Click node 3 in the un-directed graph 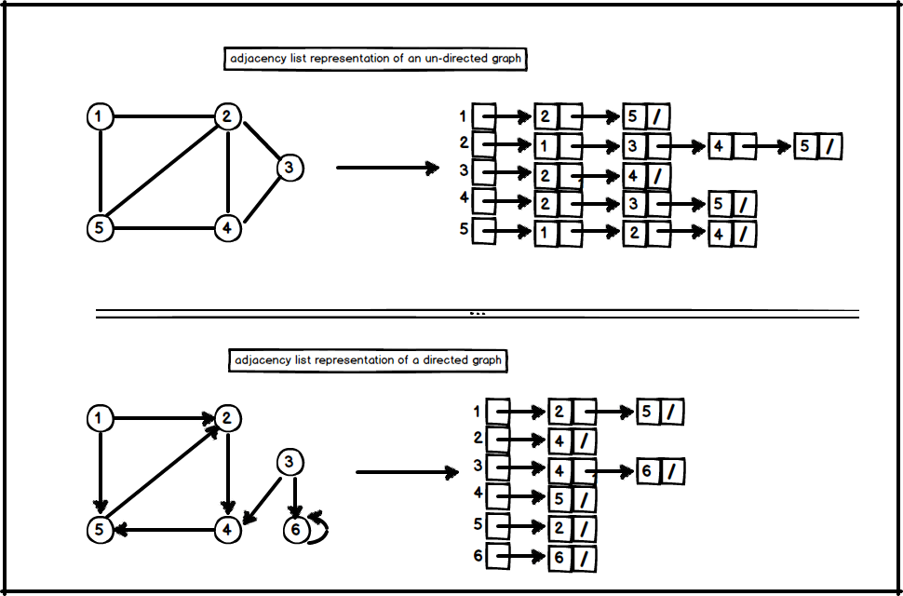coord(290,168)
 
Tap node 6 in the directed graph coord(295,529)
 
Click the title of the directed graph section coord(368,360)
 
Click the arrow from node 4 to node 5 coord(163,529)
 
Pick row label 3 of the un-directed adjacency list coord(463,171)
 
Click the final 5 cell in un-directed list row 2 coord(806,146)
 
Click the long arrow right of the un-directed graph coord(386,169)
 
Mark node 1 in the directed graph coord(99,419)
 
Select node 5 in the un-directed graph coord(99,227)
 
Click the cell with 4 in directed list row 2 coord(559,440)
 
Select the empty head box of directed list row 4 coord(498,497)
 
